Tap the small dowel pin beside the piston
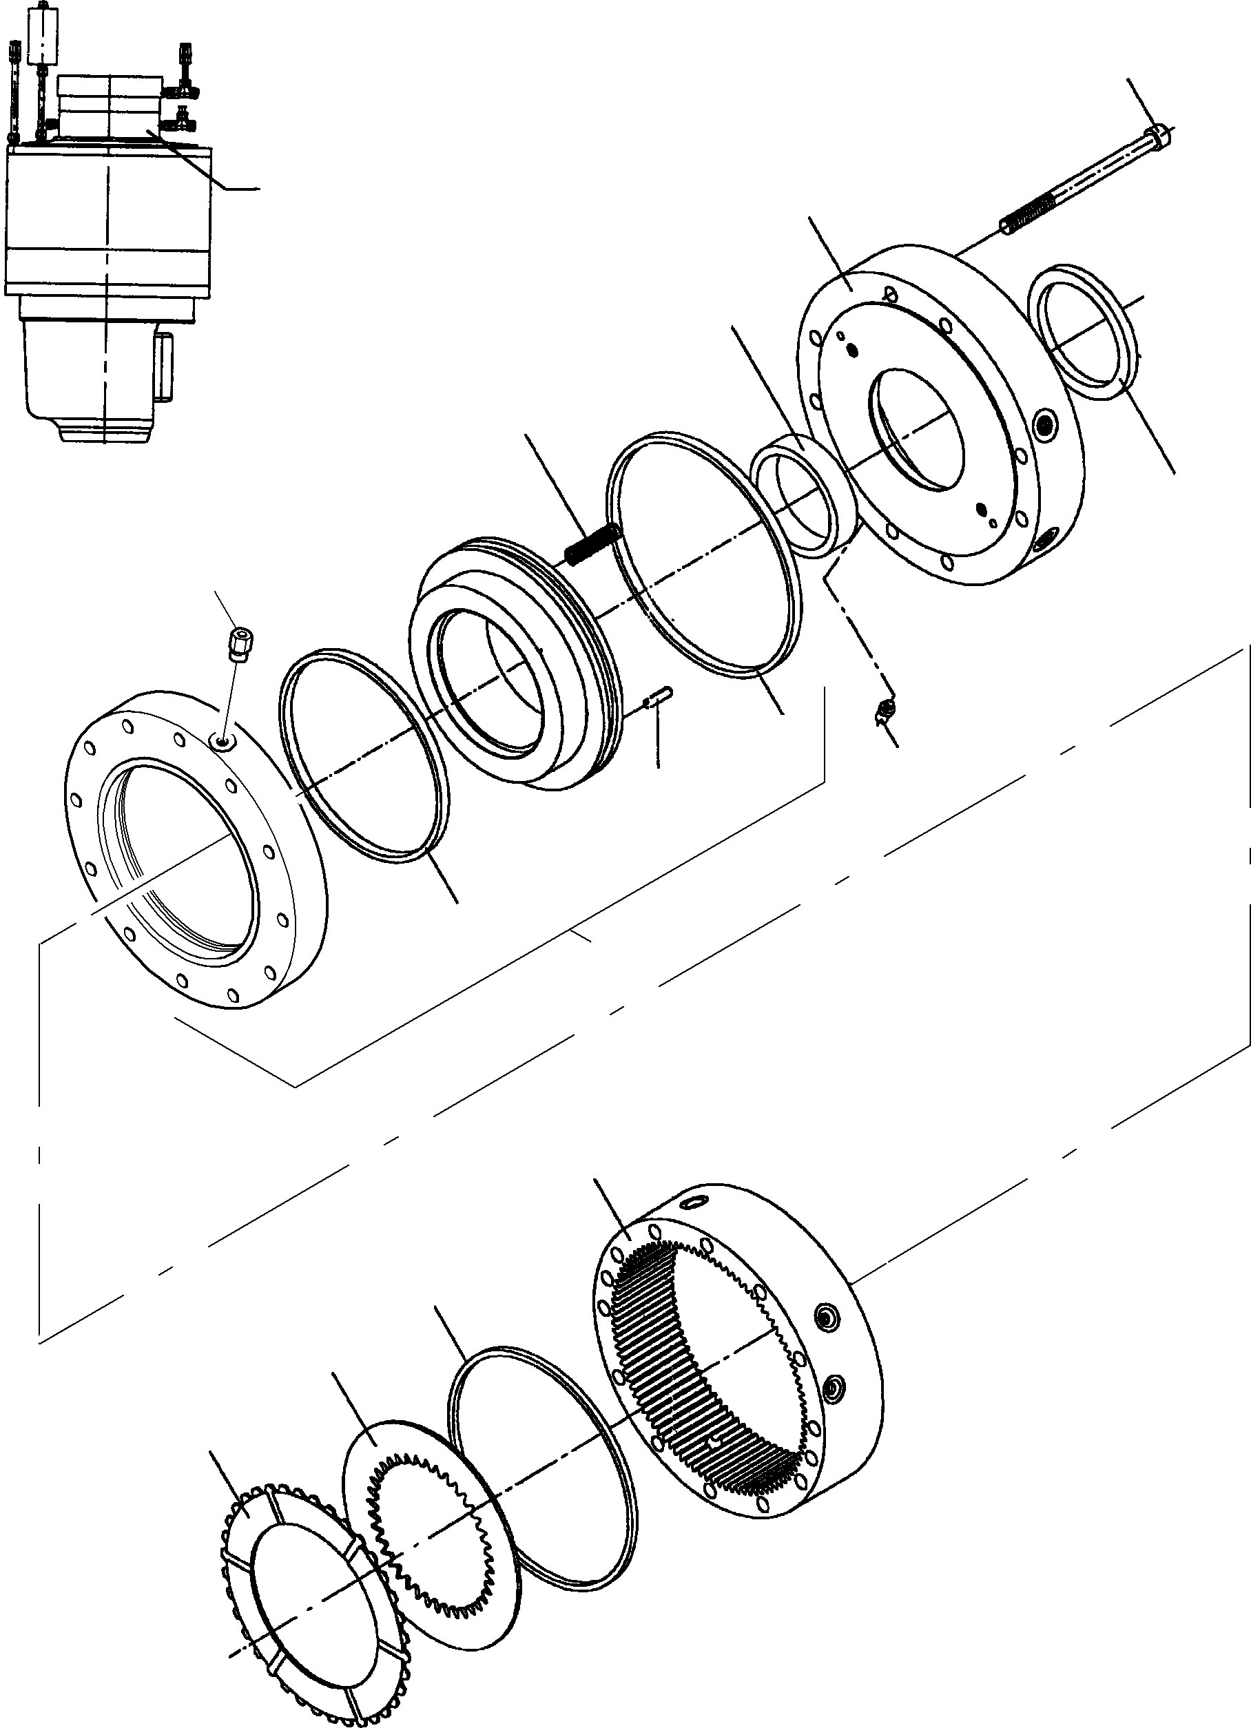[656, 696]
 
